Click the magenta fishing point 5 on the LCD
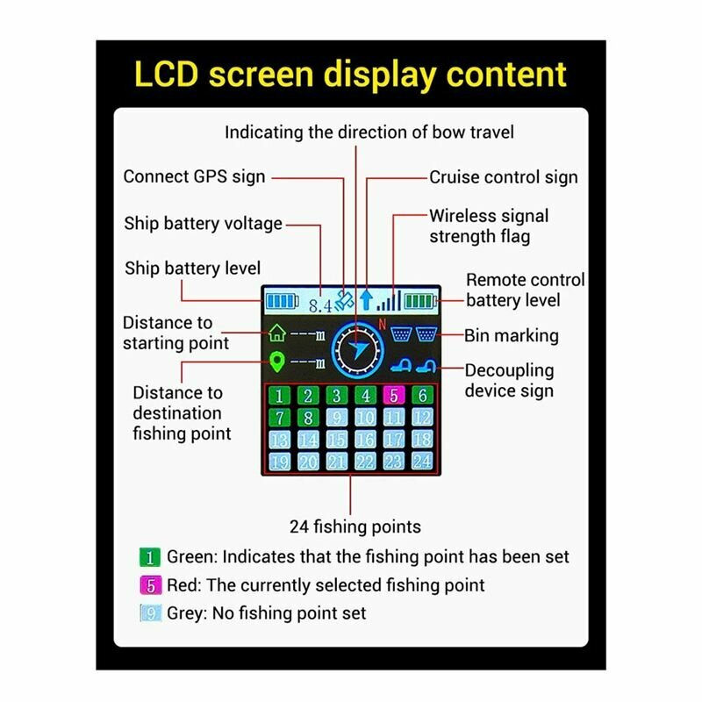[394, 396]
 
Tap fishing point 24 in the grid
[422, 461]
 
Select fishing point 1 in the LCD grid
[279, 396]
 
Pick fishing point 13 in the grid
[279, 440]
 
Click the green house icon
[277, 333]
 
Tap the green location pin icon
[277, 362]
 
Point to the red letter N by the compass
[382, 324]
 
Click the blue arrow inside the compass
[359, 350]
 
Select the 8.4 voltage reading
[320, 306]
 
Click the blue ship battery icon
[282, 301]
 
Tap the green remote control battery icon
[421, 301]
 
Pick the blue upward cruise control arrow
[366, 300]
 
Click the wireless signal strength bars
[389, 301]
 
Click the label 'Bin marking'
[512, 336]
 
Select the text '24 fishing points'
[355, 526]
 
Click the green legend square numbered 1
[149, 557]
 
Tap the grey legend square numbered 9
[150, 612]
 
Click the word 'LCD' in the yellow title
[166, 74]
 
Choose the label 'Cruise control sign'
[504, 177]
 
